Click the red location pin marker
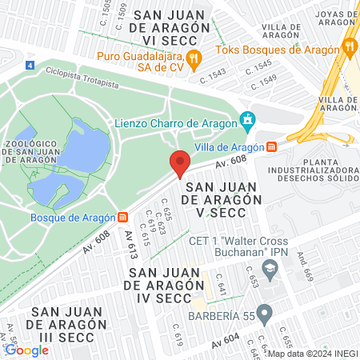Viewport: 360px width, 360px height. click(x=179, y=163)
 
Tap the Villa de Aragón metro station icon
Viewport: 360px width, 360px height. click(x=272, y=146)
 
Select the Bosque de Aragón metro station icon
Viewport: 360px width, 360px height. click(x=122, y=217)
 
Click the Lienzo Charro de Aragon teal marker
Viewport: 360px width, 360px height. click(x=248, y=122)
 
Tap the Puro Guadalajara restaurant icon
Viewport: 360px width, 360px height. click(x=193, y=58)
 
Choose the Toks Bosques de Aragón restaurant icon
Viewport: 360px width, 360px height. click(x=349, y=46)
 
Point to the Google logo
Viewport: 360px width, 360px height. click(x=26, y=350)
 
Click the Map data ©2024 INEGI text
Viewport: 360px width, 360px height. click(x=312, y=354)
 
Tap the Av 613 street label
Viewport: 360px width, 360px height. click(x=129, y=244)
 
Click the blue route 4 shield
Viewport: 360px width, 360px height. click(x=30, y=65)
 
